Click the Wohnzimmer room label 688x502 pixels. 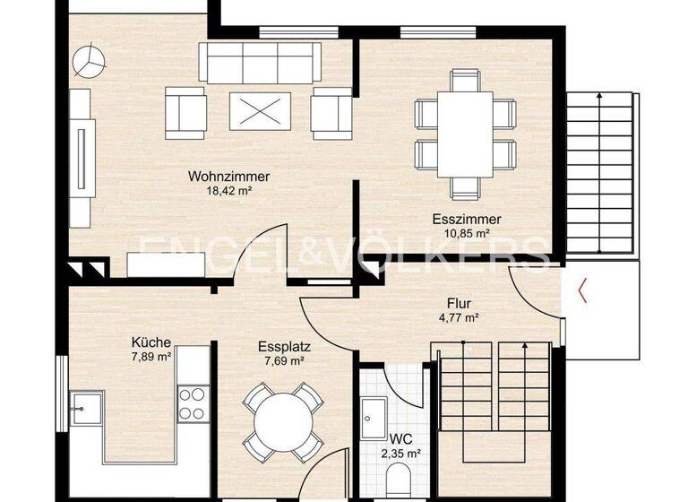tap(228, 177)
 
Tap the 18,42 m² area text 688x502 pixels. tap(228, 190)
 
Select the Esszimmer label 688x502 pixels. tap(465, 220)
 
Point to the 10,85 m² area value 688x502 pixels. tap(465, 233)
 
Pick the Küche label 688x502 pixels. tap(150, 342)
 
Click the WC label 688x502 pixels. tap(401, 440)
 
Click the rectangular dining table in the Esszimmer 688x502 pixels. tap(464, 134)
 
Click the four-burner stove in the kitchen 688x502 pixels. tap(192, 402)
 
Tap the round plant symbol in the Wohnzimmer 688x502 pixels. tap(90, 63)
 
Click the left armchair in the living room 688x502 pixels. tap(185, 111)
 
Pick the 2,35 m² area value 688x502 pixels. tap(401, 454)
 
